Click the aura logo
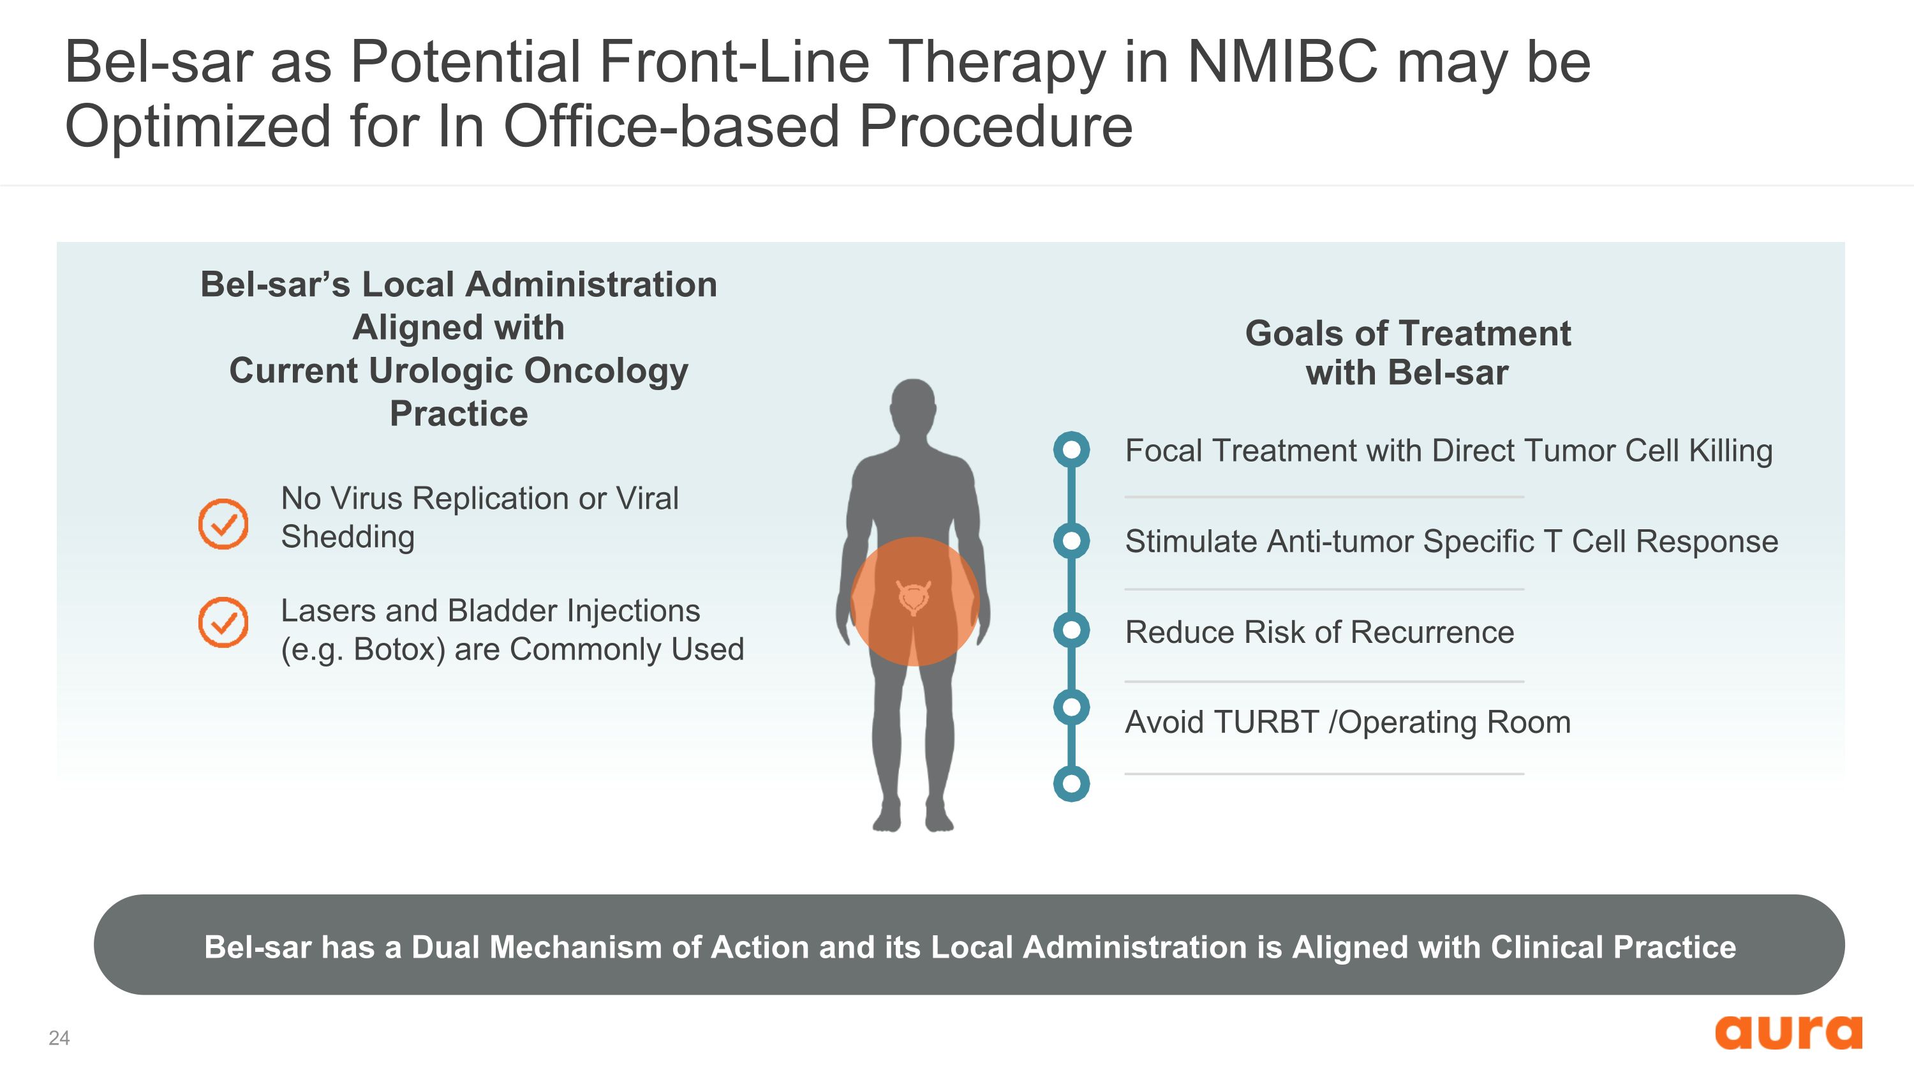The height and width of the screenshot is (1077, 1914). (x=1788, y=1032)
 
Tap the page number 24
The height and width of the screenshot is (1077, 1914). (x=59, y=1037)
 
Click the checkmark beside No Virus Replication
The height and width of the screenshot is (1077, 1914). (x=223, y=524)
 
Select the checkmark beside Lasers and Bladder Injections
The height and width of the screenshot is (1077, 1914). (x=223, y=622)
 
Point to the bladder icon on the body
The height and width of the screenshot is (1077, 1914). (x=914, y=597)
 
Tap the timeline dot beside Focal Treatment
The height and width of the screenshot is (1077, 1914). (x=1071, y=449)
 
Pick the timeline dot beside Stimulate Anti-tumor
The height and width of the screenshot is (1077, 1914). (x=1071, y=540)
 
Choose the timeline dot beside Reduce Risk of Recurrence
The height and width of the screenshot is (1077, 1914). (x=1071, y=630)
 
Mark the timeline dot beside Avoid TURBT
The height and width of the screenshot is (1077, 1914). (x=1071, y=707)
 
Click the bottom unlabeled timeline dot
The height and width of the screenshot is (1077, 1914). (x=1071, y=783)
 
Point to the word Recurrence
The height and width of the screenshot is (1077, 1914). (x=1432, y=632)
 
